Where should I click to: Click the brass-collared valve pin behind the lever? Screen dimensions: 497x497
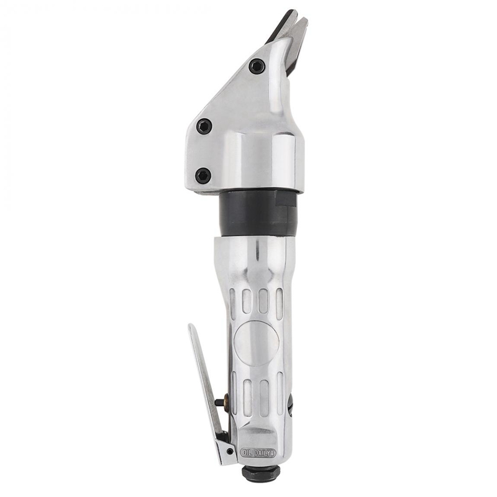[x=221, y=402]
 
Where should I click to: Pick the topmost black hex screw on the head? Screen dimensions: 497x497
[x=257, y=66]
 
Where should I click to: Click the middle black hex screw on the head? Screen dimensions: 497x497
[x=204, y=126]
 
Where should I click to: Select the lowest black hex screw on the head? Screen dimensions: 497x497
[x=203, y=176]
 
